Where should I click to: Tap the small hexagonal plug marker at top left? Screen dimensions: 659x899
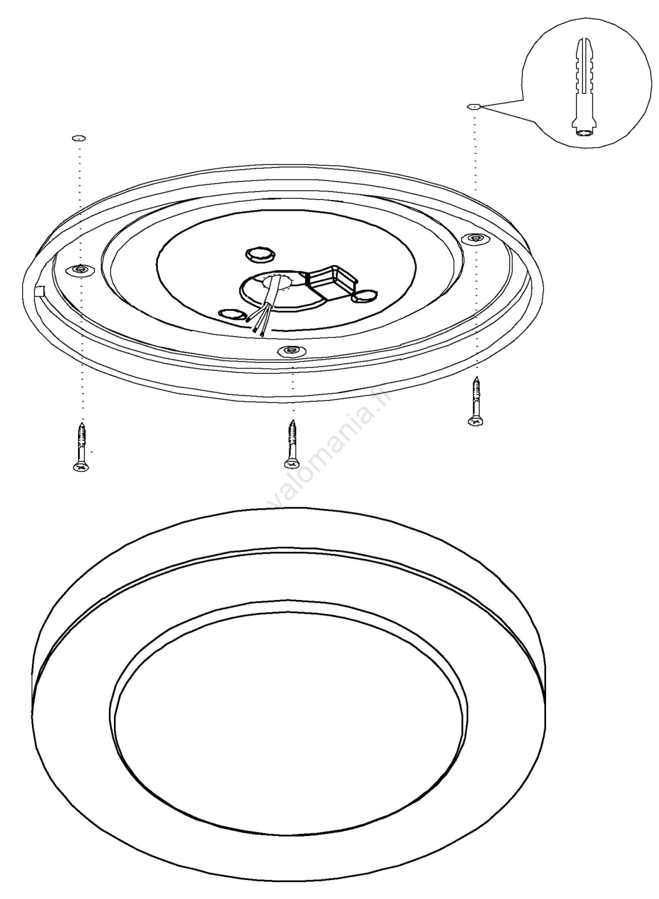pos(79,138)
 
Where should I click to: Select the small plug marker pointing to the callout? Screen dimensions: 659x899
pos(474,107)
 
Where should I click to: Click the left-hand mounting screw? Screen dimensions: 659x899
pos(81,447)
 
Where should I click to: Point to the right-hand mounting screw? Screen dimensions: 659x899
pos(476,401)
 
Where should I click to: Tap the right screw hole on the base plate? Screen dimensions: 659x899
pos(476,238)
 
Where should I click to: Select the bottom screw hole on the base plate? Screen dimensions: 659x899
pos(292,351)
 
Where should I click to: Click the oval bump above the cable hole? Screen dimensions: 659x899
pos(260,255)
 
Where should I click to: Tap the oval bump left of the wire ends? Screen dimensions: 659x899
pos(231,314)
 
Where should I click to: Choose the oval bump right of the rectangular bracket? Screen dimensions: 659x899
pos(365,297)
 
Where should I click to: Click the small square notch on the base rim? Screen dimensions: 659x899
pos(39,290)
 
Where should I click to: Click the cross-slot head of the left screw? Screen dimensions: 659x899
pos(81,467)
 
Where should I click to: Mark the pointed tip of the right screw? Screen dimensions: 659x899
pos(476,377)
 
